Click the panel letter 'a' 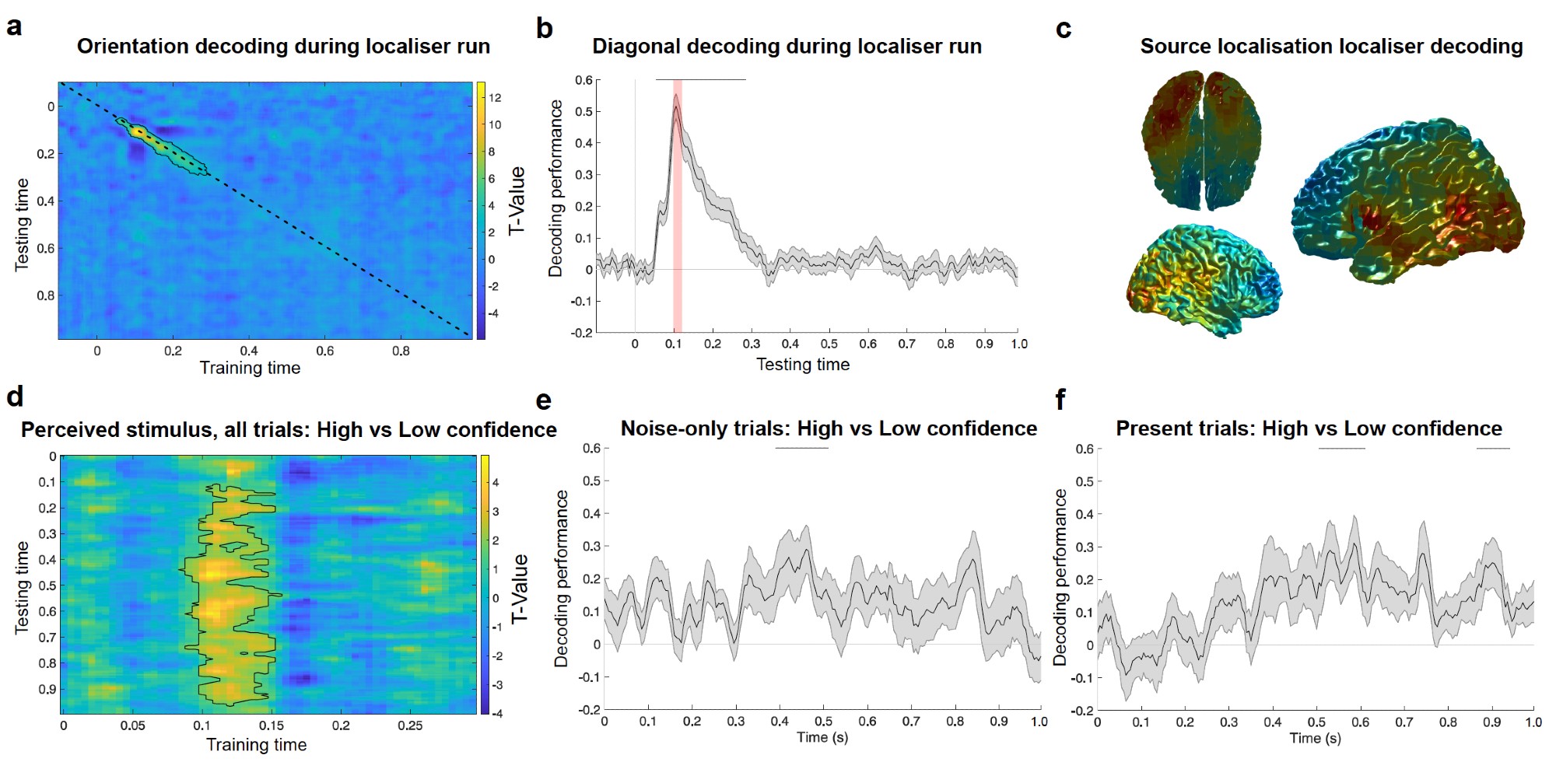coord(14,27)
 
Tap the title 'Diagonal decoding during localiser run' coord(787,47)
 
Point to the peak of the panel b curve coord(677,96)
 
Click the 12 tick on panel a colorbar coord(495,98)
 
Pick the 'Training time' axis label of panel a coord(250,368)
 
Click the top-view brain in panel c coord(1201,140)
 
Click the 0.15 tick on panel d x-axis coord(272,725)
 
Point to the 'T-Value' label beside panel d coord(520,589)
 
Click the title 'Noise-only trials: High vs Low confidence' coord(829,428)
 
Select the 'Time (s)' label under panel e coord(822,737)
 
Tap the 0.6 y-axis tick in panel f coord(1085,449)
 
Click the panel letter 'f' coord(1060,400)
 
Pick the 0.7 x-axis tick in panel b coord(906,344)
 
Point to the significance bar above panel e coord(801,448)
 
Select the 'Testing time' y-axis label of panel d coord(22,587)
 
